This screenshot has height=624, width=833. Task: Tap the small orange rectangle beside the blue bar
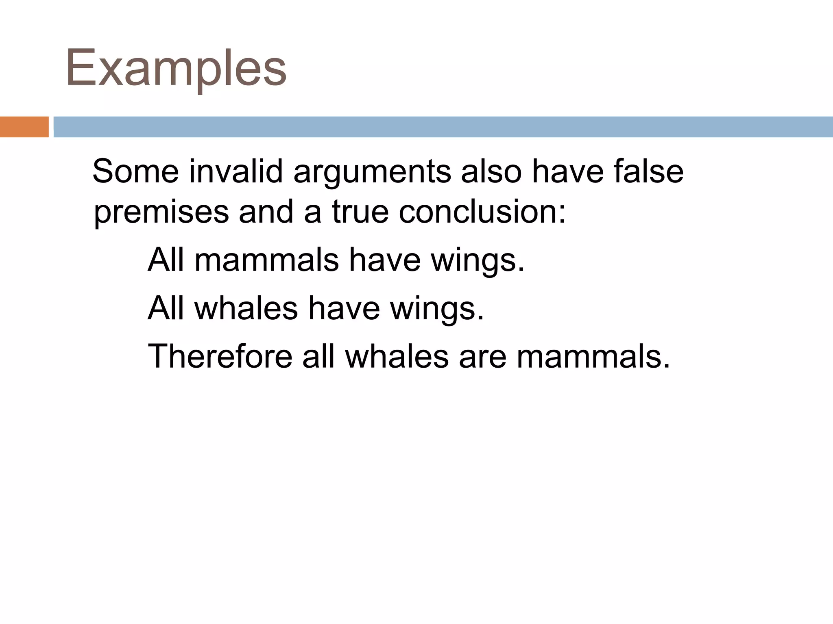[24, 127]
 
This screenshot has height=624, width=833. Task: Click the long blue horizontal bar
[443, 127]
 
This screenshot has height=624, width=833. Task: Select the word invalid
[236, 171]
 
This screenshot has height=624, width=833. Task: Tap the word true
[360, 212]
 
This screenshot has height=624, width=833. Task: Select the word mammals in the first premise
[266, 260]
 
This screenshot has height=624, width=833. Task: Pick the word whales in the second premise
[246, 308]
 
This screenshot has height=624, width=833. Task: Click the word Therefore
[220, 356]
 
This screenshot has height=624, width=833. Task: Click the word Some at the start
[136, 171]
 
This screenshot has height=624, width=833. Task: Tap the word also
[491, 171]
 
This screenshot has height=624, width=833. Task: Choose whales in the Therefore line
[397, 356]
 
